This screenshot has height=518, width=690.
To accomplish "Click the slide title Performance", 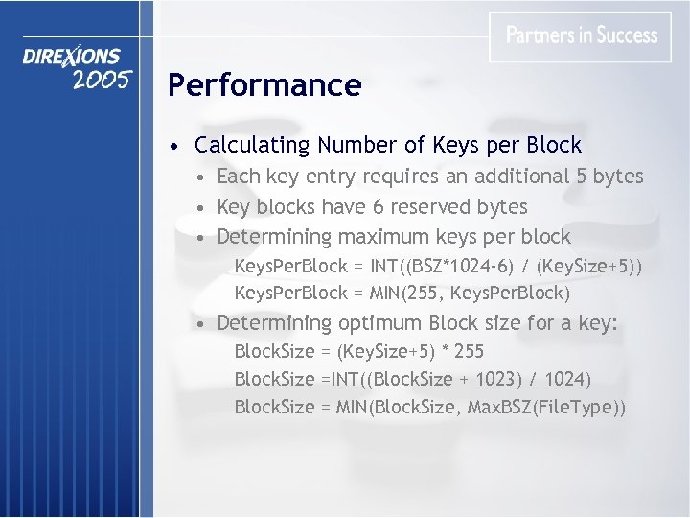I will [264, 85].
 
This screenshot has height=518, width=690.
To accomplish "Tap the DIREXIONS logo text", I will [72, 58].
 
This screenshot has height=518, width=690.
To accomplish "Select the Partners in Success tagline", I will [581, 35].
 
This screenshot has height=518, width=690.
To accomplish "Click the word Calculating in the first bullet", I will [253, 146].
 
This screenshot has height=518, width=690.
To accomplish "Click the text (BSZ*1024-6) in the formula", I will [456, 265].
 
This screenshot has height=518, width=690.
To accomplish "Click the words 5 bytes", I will [609, 177].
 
